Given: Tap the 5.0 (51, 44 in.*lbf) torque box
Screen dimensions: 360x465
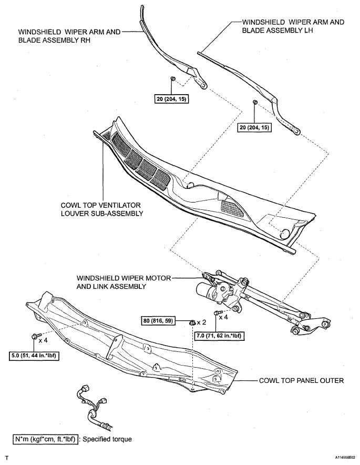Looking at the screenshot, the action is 34,356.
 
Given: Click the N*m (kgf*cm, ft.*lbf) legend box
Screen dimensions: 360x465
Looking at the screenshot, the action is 46,439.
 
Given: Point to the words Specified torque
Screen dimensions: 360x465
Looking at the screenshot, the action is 107,439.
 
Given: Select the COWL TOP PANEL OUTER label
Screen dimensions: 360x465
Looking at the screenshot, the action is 301,380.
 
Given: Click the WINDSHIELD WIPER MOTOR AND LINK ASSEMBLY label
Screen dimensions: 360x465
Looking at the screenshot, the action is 124,282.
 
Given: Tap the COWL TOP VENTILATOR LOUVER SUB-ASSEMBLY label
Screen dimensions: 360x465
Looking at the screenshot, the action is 102,209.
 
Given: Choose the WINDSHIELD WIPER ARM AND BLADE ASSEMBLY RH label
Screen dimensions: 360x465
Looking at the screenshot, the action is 69,36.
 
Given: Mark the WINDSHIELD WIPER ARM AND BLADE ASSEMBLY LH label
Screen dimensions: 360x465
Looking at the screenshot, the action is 293,26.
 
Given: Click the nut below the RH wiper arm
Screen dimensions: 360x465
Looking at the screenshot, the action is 173,79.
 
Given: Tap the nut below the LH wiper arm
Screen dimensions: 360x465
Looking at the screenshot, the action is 255,103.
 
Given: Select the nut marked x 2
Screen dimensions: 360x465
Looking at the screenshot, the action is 192,322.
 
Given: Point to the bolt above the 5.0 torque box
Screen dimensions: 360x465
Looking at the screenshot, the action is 34,336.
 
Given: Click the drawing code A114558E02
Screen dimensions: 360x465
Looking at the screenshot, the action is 345,458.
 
